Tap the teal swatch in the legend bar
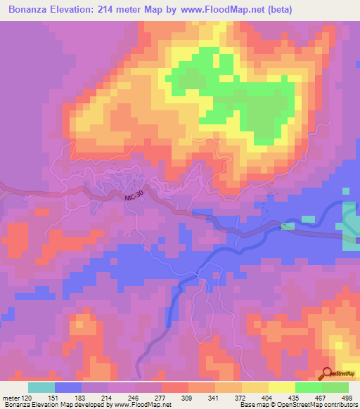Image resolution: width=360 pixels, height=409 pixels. pyautogui.click(x=41, y=387)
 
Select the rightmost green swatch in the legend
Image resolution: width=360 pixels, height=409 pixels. pyautogui.click(x=335, y=387)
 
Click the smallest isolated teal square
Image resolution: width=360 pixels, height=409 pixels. pyautogui.click(x=345, y=190)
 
